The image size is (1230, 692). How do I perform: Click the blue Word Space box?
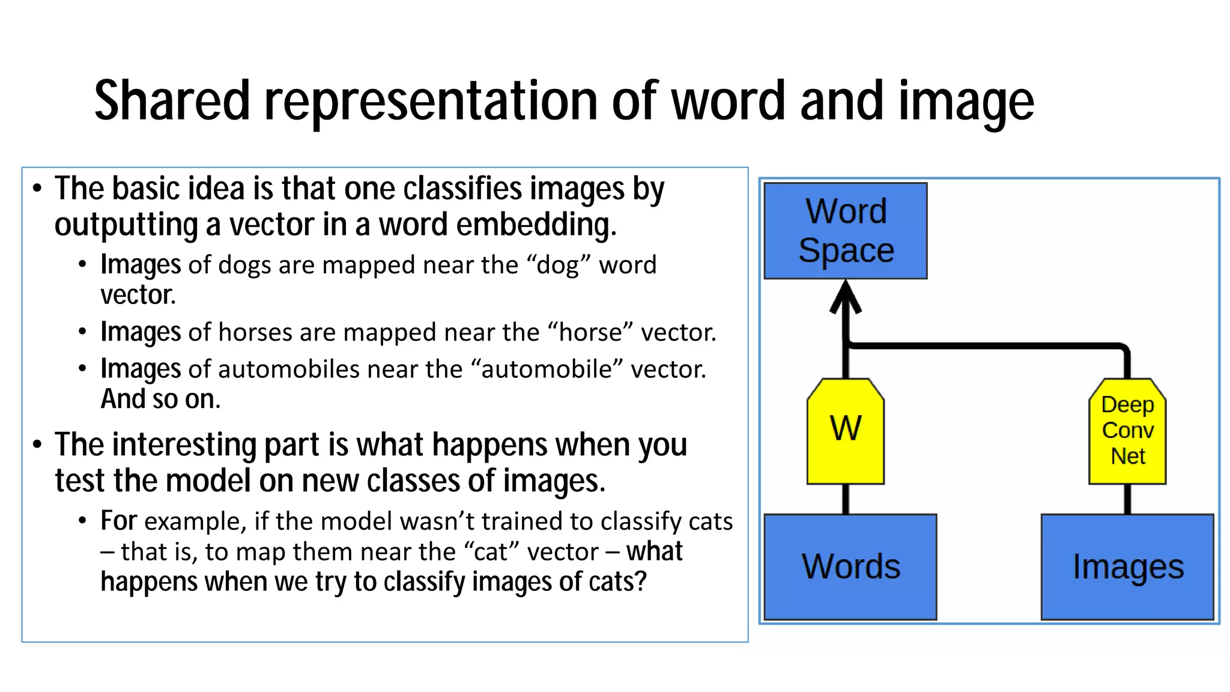[x=845, y=231]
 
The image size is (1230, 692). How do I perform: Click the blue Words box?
[x=850, y=566]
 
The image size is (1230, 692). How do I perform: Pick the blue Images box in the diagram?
[x=1127, y=566]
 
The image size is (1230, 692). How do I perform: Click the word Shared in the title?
[x=172, y=101]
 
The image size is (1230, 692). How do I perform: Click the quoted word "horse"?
[x=590, y=332]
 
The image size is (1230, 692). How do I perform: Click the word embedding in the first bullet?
[x=536, y=225]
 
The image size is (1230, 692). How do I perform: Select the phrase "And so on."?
[x=160, y=399]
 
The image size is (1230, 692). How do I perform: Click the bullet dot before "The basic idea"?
[x=37, y=189]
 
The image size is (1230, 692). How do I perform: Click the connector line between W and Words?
[x=846, y=499]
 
